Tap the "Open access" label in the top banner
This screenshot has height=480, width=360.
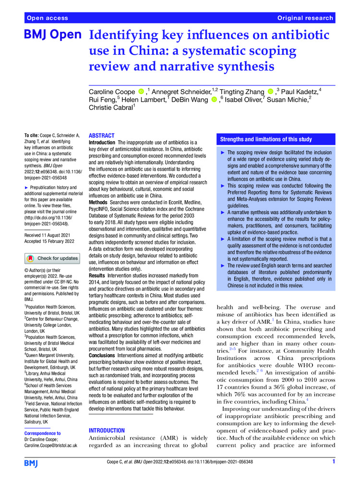click(x=47, y=18)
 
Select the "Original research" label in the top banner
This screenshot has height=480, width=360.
click(x=305, y=18)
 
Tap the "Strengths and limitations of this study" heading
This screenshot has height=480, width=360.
click(x=266, y=139)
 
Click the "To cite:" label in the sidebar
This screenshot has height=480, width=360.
click(x=32, y=136)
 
